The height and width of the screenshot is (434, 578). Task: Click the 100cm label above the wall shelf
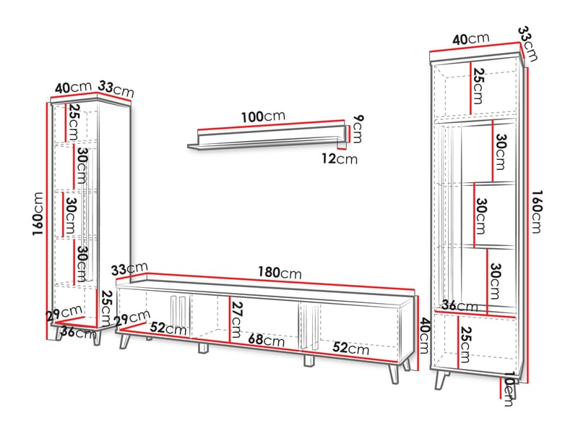pyautogui.click(x=263, y=116)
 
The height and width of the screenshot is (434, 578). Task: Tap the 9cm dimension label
pyautogui.click(x=355, y=129)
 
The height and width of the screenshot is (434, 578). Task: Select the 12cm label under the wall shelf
pyautogui.click(x=340, y=159)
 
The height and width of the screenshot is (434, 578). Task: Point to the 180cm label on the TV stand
pyautogui.click(x=280, y=273)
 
